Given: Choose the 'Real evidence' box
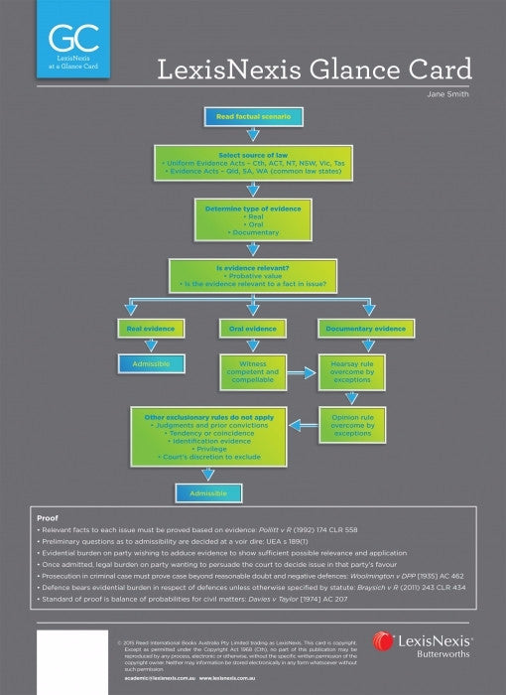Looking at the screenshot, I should pyautogui.click(x=151, y=328).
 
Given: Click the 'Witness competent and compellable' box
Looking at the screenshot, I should pyautogui.click(x=247, y=372).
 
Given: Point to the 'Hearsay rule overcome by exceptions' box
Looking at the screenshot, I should pyautogui.click(x=351, y=372).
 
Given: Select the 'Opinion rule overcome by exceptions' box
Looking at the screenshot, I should pyautogui.click(x=351, y=426).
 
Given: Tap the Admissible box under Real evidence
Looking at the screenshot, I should pyautogui.click(x=151, y=364).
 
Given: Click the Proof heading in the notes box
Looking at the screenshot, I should pyautogui.click(x=47, y=517).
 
